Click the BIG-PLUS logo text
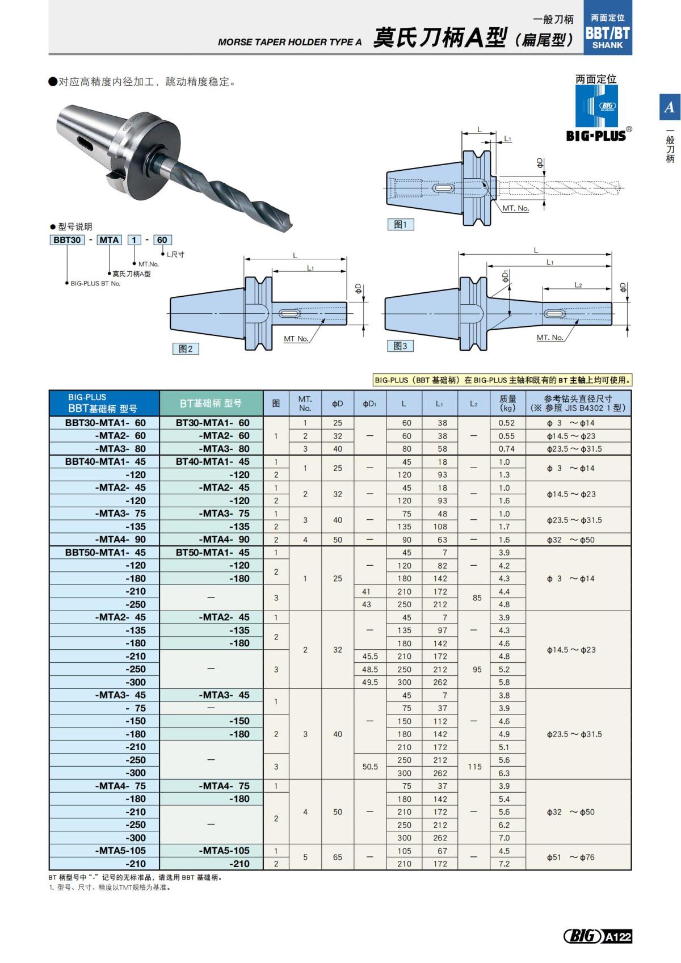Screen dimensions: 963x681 [596, 136]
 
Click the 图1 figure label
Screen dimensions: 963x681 [400, 225]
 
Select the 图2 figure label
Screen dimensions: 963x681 [186, 349]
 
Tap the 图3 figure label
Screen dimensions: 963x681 [400, 346]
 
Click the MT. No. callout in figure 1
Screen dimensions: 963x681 [515, 208]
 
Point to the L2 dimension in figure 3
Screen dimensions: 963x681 [578, 285]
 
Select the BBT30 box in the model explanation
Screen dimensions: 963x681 [67, 240]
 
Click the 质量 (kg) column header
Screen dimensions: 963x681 [507, 403]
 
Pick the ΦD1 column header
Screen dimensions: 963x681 [369, 404]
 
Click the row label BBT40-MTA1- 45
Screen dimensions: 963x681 [105, 462]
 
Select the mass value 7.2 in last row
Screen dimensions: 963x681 [504, 864]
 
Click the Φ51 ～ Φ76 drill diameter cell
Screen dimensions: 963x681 [570, 857]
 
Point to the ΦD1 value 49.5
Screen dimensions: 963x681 [369, 682]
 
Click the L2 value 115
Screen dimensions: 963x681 [474, 767]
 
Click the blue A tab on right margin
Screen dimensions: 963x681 [670, 107]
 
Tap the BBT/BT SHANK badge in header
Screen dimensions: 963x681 [607, 32]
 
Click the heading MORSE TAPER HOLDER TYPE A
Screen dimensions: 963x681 [289, 42]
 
